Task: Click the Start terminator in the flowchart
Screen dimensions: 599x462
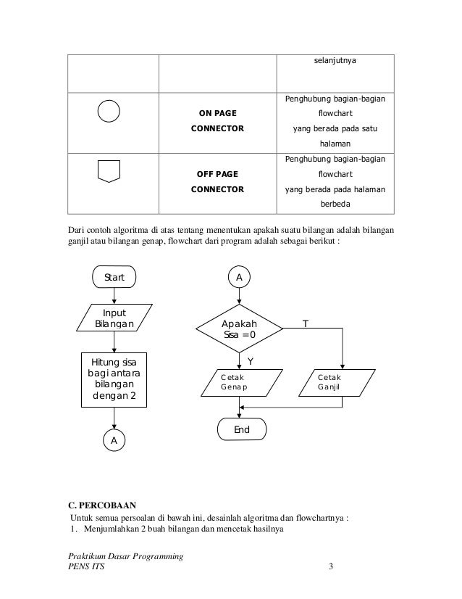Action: (114, 277)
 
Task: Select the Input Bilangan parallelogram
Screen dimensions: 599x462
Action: (114, 318)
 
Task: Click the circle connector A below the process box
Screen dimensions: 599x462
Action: (114, 439)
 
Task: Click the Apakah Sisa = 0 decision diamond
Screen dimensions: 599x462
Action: (239, 329)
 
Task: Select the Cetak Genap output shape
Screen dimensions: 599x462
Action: (239, 382)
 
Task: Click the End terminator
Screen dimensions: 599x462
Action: (241, 429)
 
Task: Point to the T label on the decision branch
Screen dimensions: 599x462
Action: (305, 324)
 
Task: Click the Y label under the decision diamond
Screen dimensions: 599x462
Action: (250, 360)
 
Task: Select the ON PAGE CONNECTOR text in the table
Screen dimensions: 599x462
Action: (217, 120)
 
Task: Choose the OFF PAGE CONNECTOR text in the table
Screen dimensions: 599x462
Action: (217, 182)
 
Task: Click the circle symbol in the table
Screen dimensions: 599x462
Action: (108, 111)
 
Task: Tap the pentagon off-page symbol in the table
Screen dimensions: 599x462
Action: (108, 171)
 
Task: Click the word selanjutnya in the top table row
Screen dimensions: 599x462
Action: (333, 62)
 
